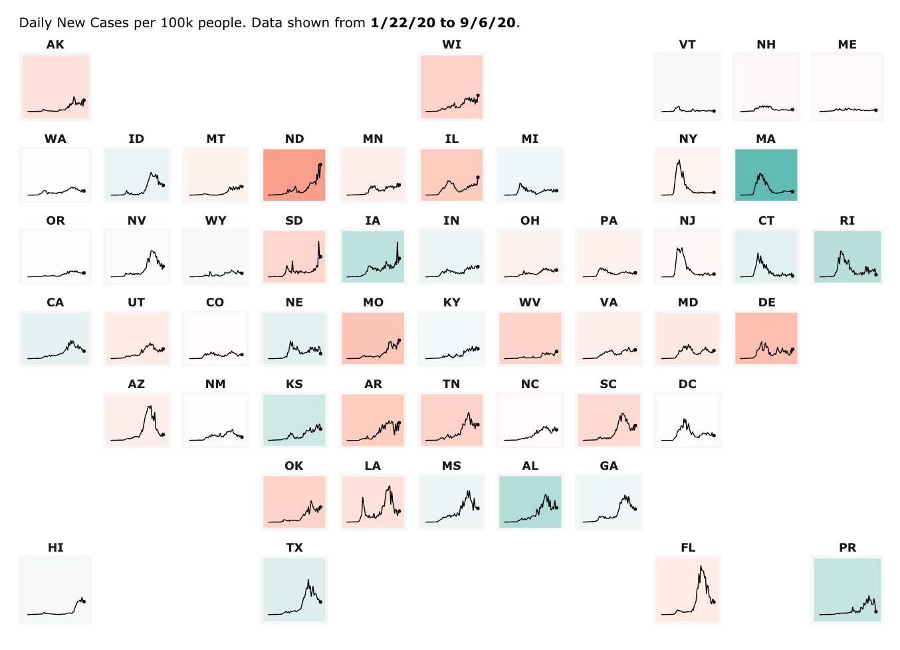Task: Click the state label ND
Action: click(x=294, y=139)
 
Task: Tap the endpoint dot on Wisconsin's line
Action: click(x=478, y=96)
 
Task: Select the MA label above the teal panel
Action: click(x=766, y=139)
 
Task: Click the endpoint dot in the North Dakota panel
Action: click(x=320, y=164)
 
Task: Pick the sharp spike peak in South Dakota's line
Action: click(x=318, y=241)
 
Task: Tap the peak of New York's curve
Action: click(x=679, y=160)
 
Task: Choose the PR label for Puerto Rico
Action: click(x=847, y=548)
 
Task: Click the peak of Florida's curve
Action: click(x=701, y=566)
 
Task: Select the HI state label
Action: click(x=56, y=548)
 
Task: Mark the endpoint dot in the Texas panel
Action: click(x=321, y=602)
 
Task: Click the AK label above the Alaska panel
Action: click(x=56, y=45)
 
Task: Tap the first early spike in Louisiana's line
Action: click(x=363, y=498)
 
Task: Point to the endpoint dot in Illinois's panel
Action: click(x=478, y=177)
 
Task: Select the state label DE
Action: click(x=766, y=302)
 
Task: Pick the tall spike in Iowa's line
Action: click(x=397, y=242)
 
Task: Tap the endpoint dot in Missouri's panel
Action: click(x=399, y=340)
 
